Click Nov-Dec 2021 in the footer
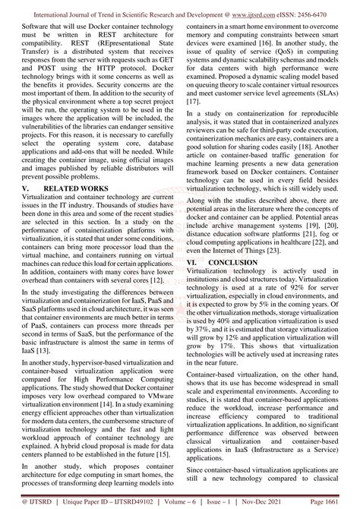click(275, 501)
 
